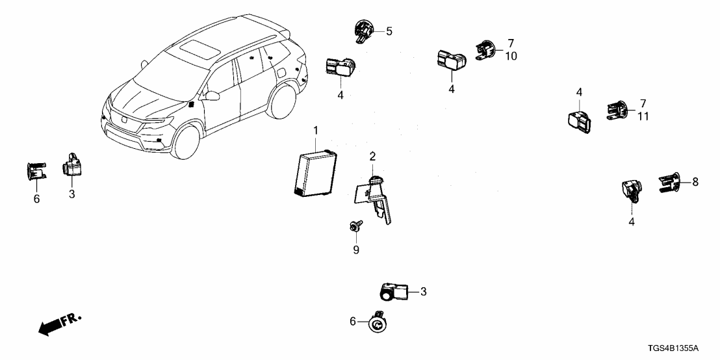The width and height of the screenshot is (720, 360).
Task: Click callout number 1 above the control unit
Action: pyautogui.click(x=316, y=131)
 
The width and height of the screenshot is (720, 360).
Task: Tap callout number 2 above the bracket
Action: pyautogui.click(x=372, y=156)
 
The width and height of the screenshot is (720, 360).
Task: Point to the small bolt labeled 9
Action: pyautogui.click(x=355, y=225)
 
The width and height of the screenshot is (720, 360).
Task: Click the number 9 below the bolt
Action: pyautogui.click(x=355, y=249)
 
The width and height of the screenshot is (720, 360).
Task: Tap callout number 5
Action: pyautogui.click(x=389, y=31)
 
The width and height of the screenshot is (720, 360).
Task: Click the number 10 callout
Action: pyautogui.click(x=511, y=57)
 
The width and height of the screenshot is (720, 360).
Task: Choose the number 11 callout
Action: pyautogui.click(x=642, y=116)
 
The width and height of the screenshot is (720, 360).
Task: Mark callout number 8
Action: pyautogui.click(x=695, y=183)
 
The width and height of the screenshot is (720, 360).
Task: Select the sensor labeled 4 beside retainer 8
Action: pyautogui.click(x=631, y=189)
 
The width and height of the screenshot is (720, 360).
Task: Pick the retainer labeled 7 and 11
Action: pyautogui.click(x=617, y=110)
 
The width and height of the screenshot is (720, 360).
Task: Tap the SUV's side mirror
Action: pyautogui.click(x=213, y=96)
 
